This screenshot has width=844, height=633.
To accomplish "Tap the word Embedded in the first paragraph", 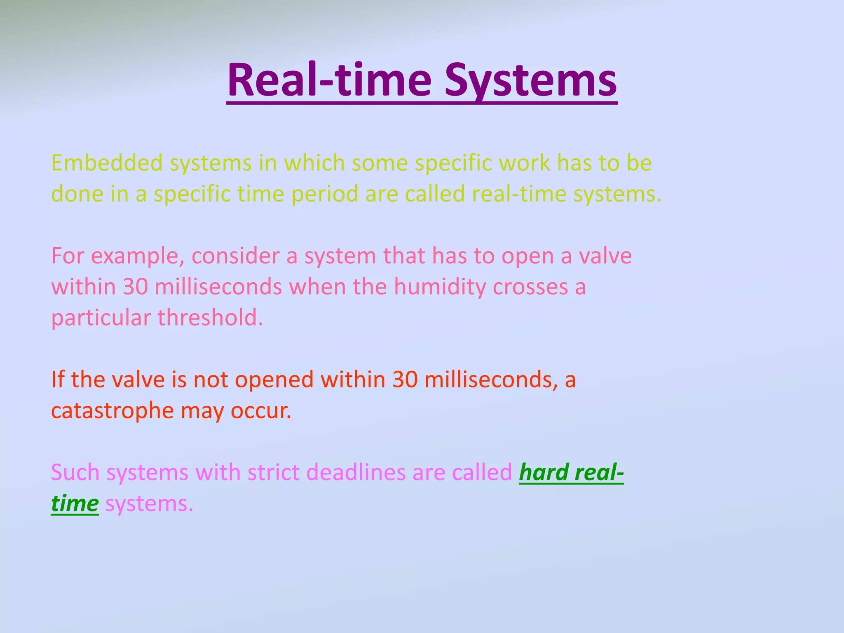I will coord(107,163).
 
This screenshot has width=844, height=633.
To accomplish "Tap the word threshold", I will coord(210,318).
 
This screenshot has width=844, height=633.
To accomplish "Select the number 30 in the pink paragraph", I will coord(135,287).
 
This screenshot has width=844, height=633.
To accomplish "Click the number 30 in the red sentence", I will coord(405,380).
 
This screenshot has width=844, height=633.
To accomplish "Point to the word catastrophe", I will coord(112,411).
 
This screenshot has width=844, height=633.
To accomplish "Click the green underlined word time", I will coord(75,504).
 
